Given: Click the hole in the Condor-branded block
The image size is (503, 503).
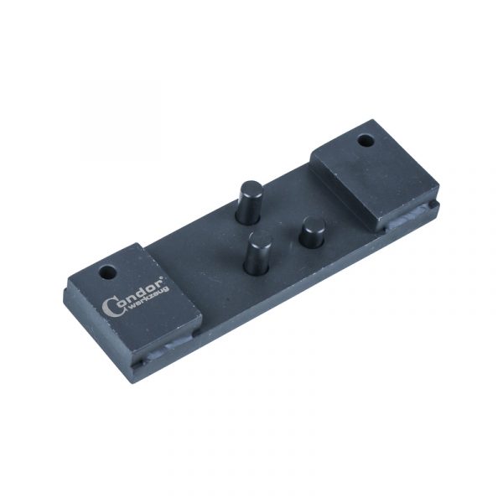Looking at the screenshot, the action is point(107,273).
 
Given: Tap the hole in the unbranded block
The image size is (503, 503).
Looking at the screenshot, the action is point(366,141).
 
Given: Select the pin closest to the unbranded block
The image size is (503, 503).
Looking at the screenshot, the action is point(312,232).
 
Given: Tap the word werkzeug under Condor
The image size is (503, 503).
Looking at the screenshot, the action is point(148,299).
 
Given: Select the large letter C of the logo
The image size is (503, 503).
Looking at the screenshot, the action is point(110,308).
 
